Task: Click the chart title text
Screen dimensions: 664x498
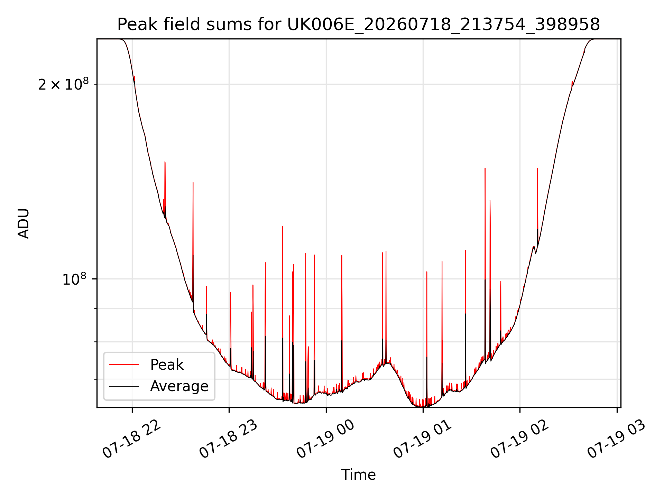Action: click(x=359, y=25)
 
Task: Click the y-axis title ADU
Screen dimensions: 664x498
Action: click(x=24, y=223)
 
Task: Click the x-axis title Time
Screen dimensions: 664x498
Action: click(x=359, y=475)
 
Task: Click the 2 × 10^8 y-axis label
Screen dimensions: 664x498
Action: click(x=63, y=84)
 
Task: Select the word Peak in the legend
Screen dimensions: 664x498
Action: click(x=167, y=365)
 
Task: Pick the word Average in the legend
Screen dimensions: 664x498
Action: click(x=179, y=386)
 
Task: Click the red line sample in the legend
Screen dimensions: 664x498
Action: click(x=124, y=365)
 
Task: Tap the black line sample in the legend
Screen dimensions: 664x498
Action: click(x=124, y=386)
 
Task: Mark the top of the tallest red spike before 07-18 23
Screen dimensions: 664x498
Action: click(x=165, y=162)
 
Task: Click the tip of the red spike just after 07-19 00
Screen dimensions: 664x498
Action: click(x=342, y=256)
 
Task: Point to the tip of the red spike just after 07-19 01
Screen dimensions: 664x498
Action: click(x=427, y=272)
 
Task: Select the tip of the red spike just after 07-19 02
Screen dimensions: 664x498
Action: click(x=537, y=168)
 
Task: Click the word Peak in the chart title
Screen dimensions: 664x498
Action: click(x=134, y=25)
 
